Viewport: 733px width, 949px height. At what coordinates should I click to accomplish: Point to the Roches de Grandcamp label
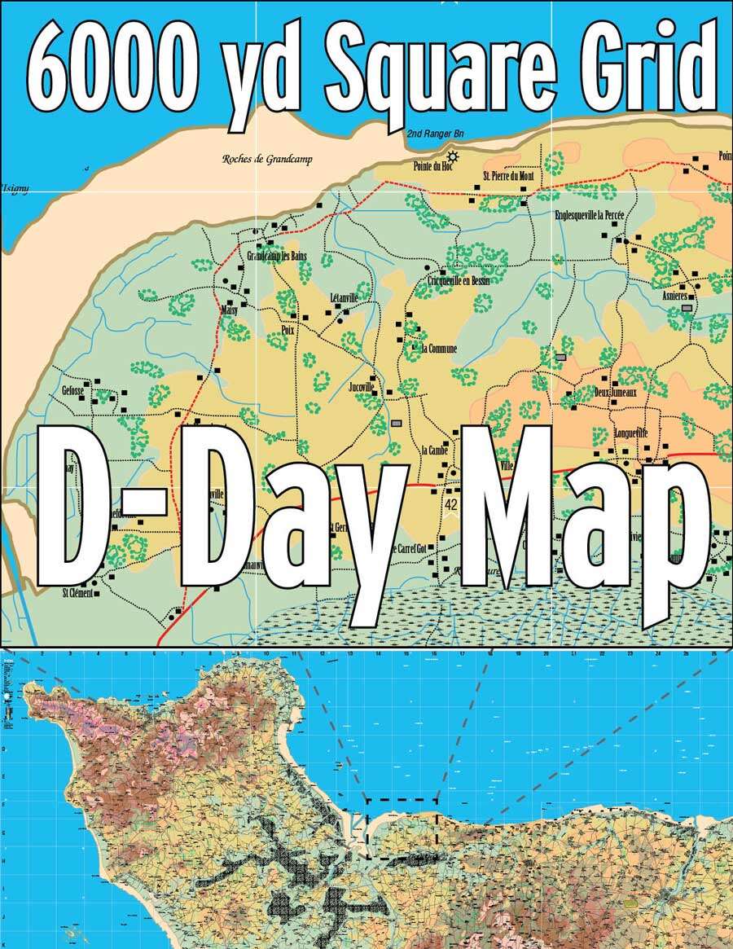[x=266, y=160]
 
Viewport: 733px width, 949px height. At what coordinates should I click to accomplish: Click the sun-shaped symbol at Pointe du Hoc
[x=452, y=156]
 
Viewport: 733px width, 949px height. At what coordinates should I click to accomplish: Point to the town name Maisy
[x=228, y=310]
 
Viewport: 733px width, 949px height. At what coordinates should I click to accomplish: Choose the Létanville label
[x=344, y=297]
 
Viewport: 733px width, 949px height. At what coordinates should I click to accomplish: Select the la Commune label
[x=439, y=349]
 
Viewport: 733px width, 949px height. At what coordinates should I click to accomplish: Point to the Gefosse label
[x=72, y=390]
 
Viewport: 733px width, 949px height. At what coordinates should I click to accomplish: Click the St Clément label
[x=77, y=592]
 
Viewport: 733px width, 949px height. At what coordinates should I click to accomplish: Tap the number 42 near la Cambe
[x=452, y=505]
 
